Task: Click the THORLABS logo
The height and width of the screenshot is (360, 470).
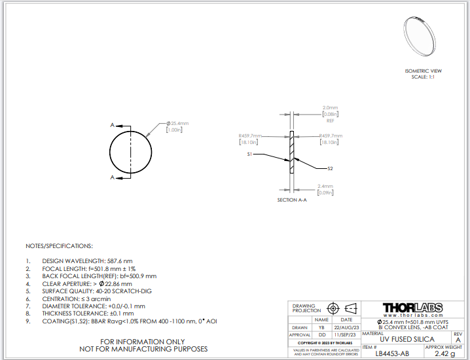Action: (x=412, y=308)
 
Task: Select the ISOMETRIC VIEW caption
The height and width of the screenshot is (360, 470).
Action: (x=424, y=71)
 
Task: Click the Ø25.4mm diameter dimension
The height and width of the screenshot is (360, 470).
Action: (x=177, y=123)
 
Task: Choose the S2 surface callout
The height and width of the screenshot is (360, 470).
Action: (x=330, y=168)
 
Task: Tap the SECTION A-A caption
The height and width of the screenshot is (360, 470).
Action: (x=292, y=200)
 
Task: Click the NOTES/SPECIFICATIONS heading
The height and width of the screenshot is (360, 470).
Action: (x=59, y=246)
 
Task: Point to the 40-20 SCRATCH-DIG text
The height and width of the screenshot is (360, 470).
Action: (x=125, y=291)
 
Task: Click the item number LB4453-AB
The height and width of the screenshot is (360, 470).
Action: (x=393, y=353)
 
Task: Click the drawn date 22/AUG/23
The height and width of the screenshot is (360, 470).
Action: (x=347, y=327)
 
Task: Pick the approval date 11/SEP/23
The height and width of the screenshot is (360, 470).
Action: (x=347, y=334)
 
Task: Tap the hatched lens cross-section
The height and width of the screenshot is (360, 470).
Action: (x=292, y=154)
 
